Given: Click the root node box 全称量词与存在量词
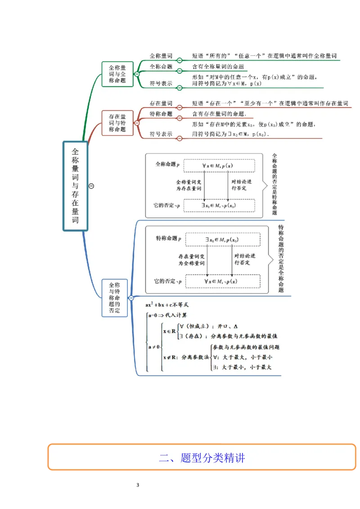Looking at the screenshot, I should point(75,186).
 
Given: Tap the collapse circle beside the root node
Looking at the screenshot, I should point(91,186).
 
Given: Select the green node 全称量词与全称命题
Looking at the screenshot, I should point(117,74).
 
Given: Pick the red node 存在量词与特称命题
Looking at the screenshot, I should point(117,123).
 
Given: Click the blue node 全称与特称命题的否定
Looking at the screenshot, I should point(114,298).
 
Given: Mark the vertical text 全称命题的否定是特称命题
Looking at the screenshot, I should point(274,184).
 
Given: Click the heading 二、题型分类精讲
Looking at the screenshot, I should point(202,458).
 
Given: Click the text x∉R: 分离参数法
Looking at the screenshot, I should point(186,357).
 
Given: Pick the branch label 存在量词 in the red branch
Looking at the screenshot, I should point(161,103).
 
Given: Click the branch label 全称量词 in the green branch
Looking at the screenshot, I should point(161,56).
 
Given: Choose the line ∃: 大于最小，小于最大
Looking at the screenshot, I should point(242,367).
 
